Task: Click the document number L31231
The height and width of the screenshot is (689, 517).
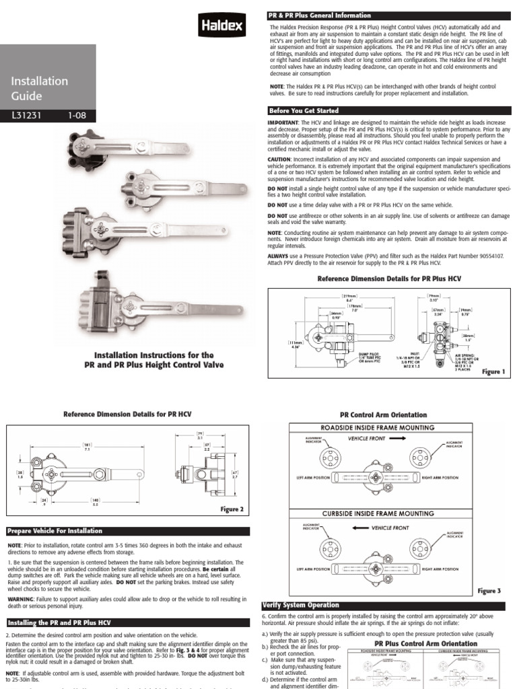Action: (25, 115)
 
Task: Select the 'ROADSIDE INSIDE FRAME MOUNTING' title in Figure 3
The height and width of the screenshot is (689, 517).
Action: (386, 427)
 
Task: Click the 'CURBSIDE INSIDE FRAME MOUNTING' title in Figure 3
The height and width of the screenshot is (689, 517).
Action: (386, 513)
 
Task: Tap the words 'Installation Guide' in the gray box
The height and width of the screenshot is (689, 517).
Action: (39, 88)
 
